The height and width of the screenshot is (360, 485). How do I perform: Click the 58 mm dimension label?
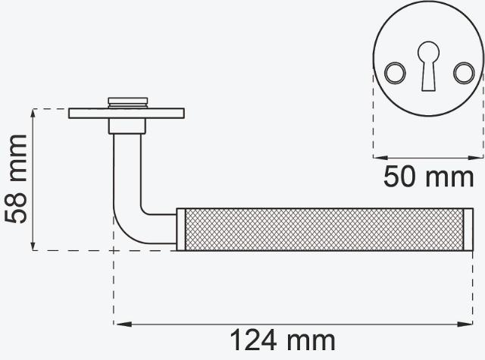pyautogui.click(x=16, y=179)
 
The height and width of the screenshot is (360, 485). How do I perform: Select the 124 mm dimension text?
pyautogui.click(x=283, y=340)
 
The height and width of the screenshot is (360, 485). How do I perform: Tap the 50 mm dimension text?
pyautogui.click(x=428, y=177)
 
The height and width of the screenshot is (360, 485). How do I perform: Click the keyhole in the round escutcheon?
pyautogui.click(x=428, y=66)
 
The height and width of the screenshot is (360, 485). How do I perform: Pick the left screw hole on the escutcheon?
pyautogui.click(x=395, y=73)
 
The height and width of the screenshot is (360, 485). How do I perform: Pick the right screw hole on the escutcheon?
pyautogui.click(x=464, y=73)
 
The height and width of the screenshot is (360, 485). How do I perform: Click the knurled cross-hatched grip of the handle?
pyautogui.click(x=324, y=230)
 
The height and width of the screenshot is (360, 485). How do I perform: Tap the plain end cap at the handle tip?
pyautogui.click(x=468, y=230)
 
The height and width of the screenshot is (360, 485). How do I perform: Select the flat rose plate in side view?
pyautogui.click(x=127, y=113)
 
